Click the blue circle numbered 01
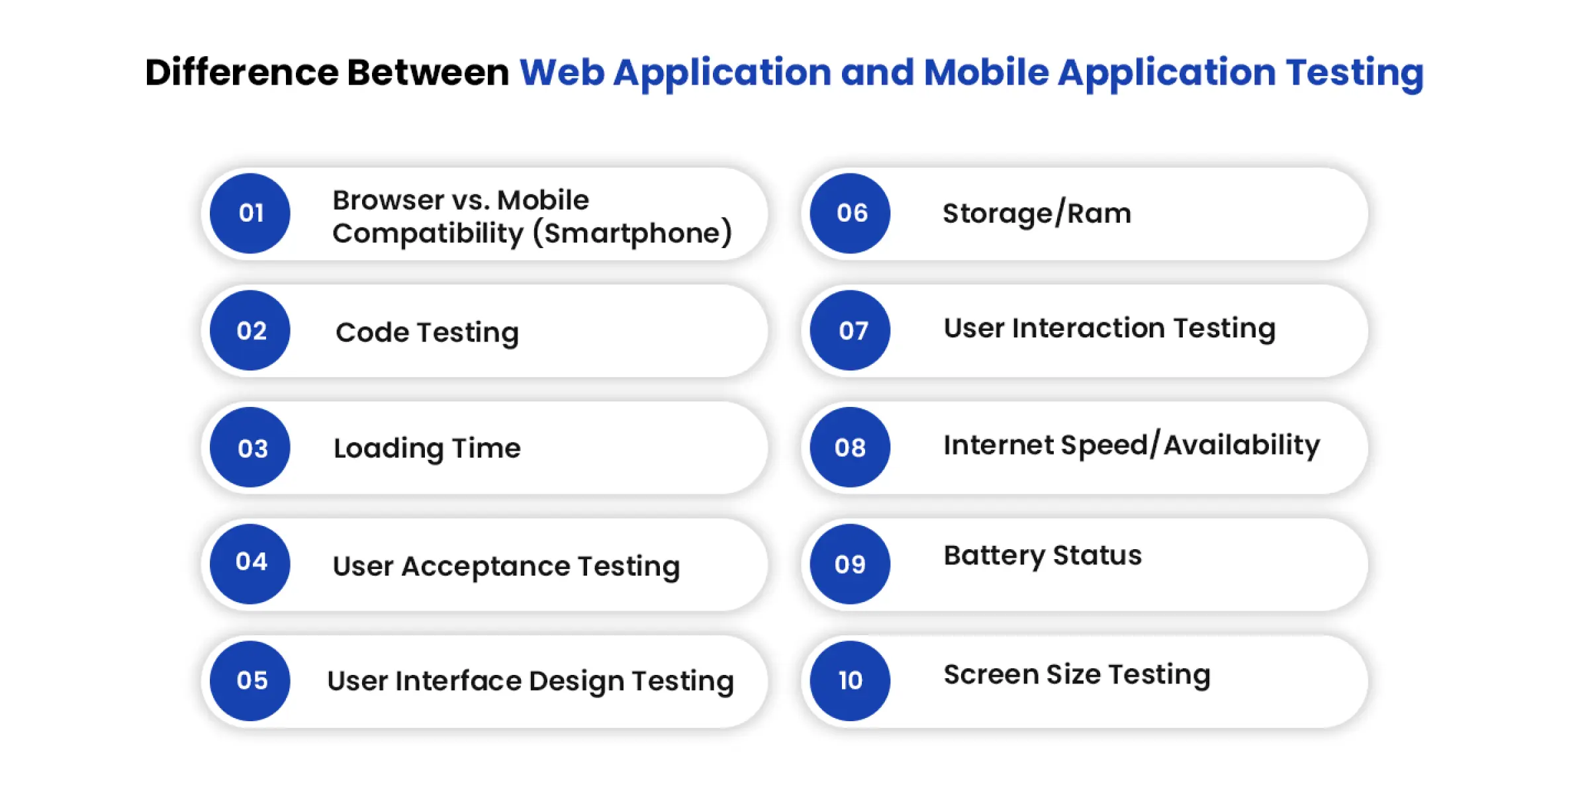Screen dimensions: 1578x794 250,213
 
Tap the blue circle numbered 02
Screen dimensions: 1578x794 250,330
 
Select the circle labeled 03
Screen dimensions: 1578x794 250,447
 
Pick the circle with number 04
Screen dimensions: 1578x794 250,564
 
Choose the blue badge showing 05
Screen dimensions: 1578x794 250,681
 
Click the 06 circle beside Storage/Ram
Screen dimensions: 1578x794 851,213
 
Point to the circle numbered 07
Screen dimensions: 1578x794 851,330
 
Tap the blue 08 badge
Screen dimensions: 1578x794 851,447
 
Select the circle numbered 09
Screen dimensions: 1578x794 851,564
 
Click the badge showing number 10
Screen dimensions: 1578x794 851,681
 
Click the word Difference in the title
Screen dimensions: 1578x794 242,72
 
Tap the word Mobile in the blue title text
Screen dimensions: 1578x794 986,72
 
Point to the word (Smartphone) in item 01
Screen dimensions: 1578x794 632,234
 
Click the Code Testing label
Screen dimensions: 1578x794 427,333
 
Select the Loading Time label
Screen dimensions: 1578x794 427,449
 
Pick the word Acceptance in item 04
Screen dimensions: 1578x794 485,566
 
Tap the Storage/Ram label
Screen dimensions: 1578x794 1037,213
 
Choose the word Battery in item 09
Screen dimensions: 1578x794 994,556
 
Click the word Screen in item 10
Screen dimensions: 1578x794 991,675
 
